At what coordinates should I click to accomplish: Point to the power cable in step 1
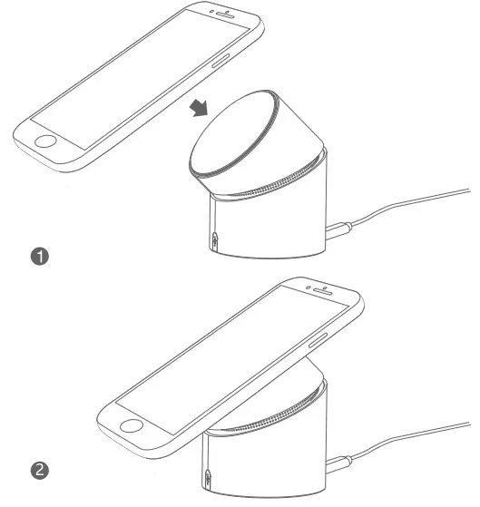pyautogui.click(x=408, y=208)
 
